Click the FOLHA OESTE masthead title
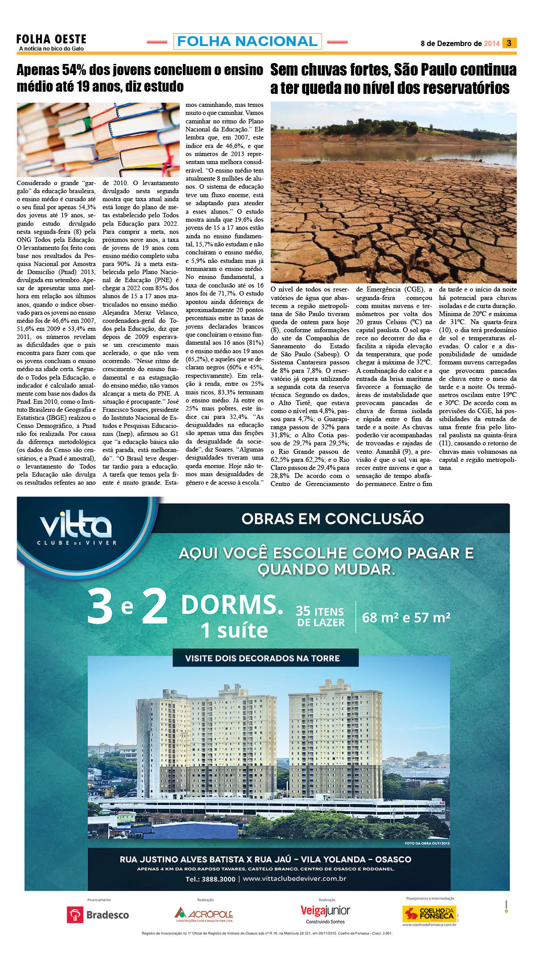(51, 39)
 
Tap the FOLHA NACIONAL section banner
(247, 42)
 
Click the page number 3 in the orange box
(509, 43)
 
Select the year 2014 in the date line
(492, 43)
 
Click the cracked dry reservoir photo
(393, 192)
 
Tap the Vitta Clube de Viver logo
(76, 530)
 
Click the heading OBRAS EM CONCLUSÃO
(332, 519)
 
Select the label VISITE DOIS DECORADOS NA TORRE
(262, 658)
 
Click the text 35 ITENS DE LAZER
(320, 617)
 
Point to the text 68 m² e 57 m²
(406, 617)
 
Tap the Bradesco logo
(97, 915)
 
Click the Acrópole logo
(204, 914)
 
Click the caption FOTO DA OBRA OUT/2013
(427, 843)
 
